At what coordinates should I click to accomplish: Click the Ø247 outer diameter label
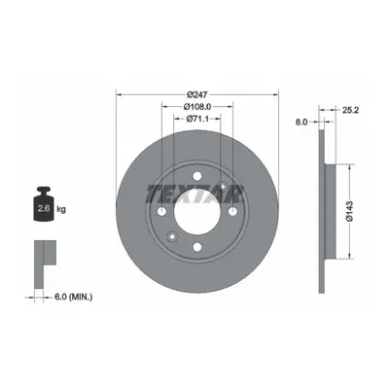[x=197, y=94]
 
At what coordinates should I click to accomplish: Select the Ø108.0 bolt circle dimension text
[x=197, y=106]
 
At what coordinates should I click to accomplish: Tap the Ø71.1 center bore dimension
[x=197, y=119]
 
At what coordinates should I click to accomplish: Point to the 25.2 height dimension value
[x=350, y=110]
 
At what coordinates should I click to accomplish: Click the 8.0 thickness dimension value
[x=301, y=122]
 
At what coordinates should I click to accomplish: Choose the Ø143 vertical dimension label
[x=349, y=211]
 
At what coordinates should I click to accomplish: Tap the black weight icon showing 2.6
[x=44, y=204]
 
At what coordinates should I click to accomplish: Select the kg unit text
[x=61, y=209]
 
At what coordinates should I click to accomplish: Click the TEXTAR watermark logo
[x=194, y=194]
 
